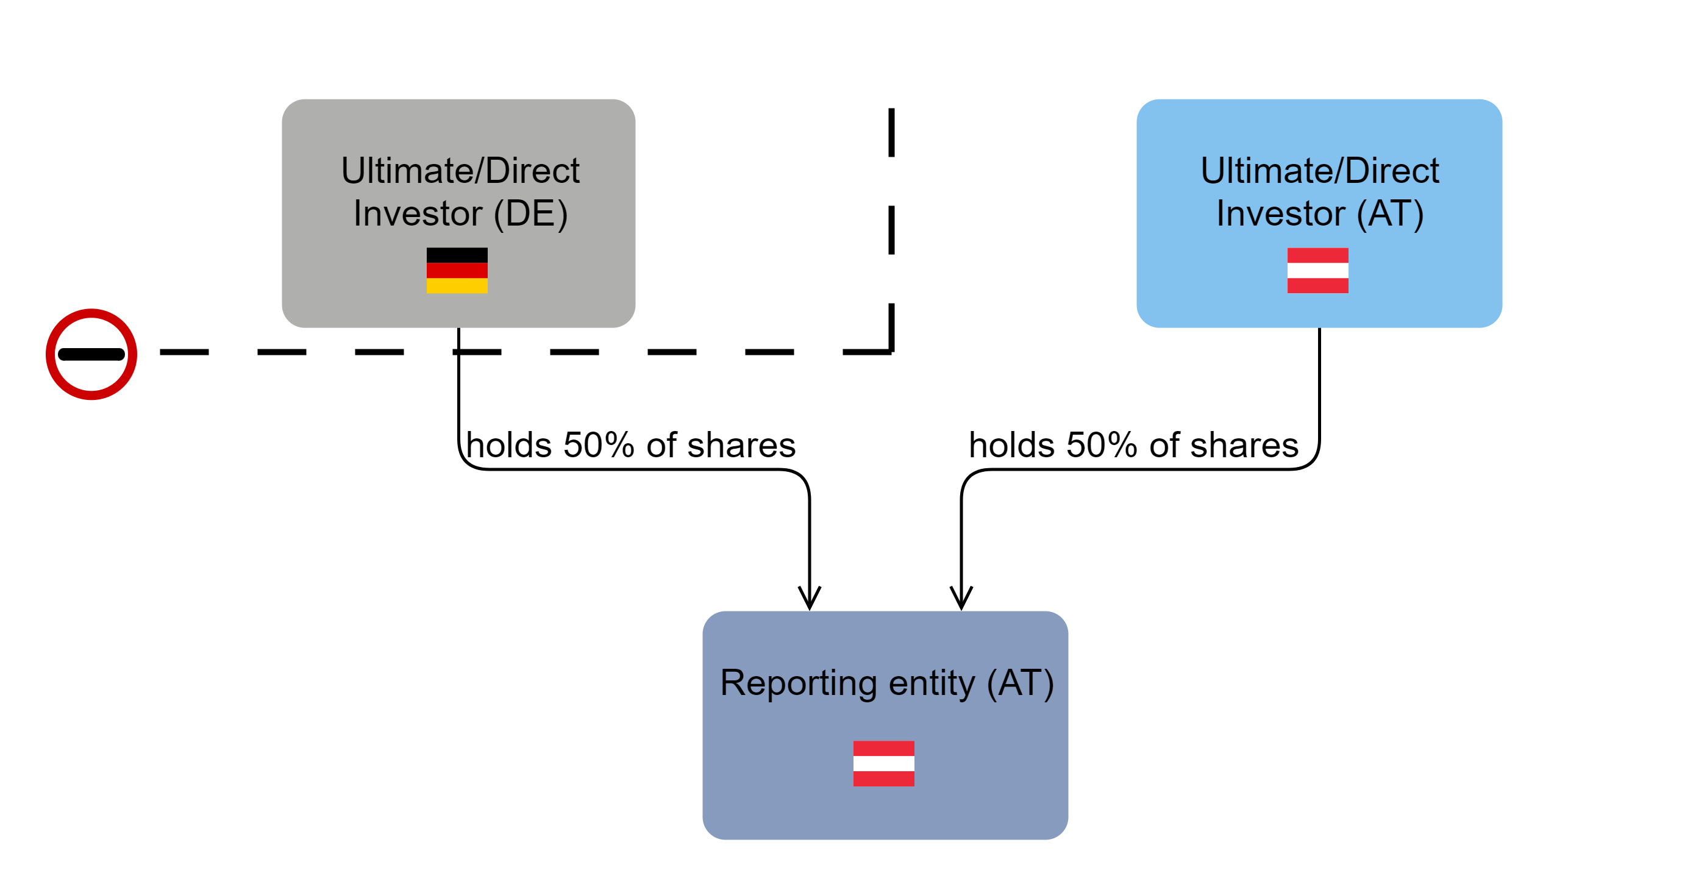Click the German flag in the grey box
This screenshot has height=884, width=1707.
[x=457, y=270]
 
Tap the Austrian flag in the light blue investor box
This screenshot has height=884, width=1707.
[x=1317, y=270]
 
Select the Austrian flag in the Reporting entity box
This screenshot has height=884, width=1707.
[x=883, y=763]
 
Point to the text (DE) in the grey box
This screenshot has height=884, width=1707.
[x=531, y=214]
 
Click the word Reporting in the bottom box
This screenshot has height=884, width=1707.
[x=798, y=683]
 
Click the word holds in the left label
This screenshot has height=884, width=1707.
[x=508, y=445]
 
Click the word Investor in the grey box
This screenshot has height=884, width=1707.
[x=418, y=214]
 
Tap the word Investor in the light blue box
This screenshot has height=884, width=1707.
[x=1280, y=214]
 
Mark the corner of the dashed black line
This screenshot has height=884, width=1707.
[x=891, y=351]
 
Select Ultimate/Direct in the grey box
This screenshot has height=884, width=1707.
[x=460, y=171]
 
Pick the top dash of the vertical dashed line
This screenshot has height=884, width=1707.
[x=891, y=132]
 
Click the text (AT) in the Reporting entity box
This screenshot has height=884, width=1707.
[x=1020, y=683]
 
